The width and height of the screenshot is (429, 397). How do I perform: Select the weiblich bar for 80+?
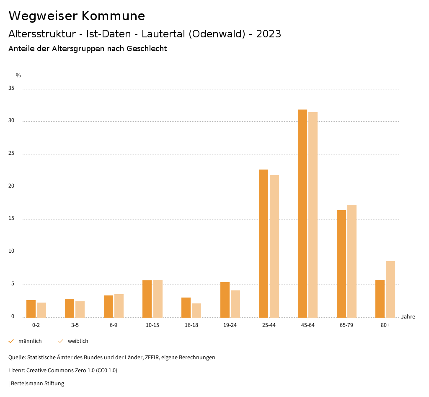[390, 289]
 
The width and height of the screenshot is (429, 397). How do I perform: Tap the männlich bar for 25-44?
[264, 243]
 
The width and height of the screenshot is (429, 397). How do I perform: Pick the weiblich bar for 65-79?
[351, 261]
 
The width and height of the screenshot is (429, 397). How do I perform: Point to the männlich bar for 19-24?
[225, 300]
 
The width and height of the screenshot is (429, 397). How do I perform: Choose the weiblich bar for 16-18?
[196, 310]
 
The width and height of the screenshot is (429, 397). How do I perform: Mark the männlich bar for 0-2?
[31, 308]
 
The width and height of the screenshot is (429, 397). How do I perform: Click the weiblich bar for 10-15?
[158, 298]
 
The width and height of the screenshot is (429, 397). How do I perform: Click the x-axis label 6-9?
[114, 325]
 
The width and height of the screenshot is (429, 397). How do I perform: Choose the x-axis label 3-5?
[75, 325]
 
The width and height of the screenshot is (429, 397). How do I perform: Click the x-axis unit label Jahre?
[408, 317]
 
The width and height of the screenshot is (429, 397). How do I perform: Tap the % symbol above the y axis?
[18, 76]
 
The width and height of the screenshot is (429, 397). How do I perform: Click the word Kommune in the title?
[113, 16]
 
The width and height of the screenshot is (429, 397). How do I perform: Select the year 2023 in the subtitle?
[269, 34]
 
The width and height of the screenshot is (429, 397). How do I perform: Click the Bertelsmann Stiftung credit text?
[37, 384]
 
